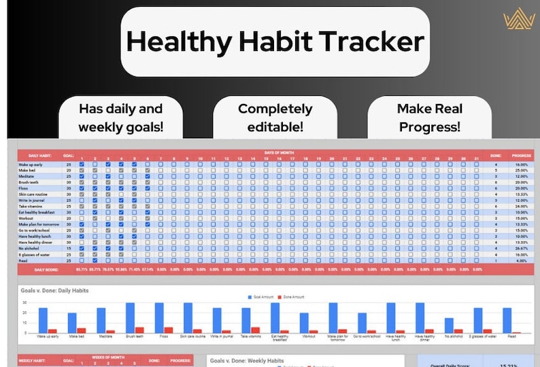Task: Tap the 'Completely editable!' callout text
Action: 275,118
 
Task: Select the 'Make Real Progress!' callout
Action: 429,118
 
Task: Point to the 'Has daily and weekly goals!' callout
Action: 121,118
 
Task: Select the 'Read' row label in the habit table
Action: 23,260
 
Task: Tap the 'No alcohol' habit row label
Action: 29,248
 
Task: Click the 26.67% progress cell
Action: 522,248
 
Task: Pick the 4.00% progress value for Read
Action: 522,260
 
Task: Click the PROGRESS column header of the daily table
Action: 522,156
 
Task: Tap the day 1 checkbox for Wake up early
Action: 82,164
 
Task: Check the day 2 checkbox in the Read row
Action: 95,260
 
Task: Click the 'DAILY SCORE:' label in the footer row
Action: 37,270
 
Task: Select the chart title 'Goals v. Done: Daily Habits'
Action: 55,291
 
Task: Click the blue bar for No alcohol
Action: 449,326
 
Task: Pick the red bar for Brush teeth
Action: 140,330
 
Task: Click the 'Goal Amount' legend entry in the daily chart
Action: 263,296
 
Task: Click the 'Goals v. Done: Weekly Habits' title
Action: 247,361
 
